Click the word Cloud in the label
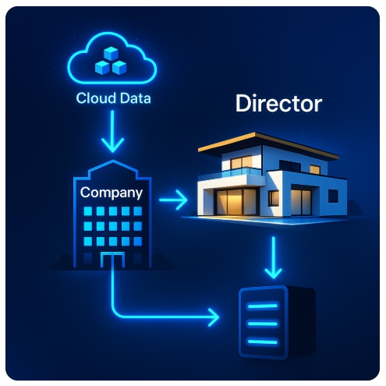tap(96, 98)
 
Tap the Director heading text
tap(278, 104)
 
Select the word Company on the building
tap(112, 193)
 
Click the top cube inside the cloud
tap(111, 54)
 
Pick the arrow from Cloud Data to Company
tap(112, 131)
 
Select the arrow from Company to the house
tap(173, 200)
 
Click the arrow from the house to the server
tap(273, 257)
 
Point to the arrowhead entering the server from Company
tap(214, 317)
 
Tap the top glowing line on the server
tap(263, 306)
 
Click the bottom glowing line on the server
tap(263, 342)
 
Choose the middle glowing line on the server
tap(263, 324)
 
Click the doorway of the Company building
tap(112, 260)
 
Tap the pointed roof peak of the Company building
tap(112, 161)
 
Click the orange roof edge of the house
tap(267, 145)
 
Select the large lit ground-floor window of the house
tap(235, 202)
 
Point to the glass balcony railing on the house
tap(241, 172)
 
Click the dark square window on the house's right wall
tap(333, 196)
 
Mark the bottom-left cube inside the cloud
tap(102, 67)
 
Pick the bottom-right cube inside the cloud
tap(119, 67)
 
